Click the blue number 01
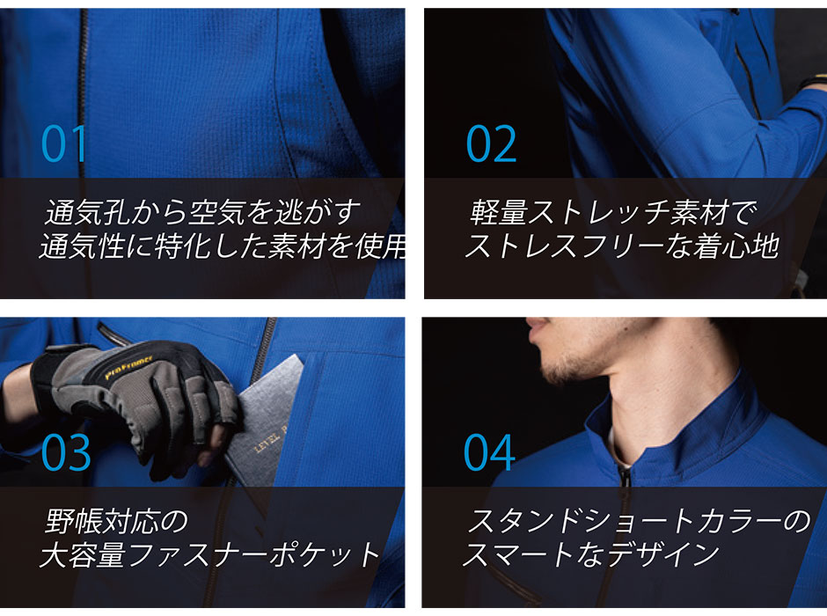(64, 143)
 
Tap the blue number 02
(491, 143)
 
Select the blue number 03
(66, 452)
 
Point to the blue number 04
(489, 452)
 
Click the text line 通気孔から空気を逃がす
(203, 212)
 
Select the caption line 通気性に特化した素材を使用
(223, 246)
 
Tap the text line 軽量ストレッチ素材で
(613, 212)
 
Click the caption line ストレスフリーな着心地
(622, 246)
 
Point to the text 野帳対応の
(116, 521)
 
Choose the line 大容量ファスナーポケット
(210, 554)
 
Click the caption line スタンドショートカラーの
(638, 521)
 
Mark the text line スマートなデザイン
(590, 554)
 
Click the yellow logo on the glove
(129, 368)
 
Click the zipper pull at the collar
(625, 477)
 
